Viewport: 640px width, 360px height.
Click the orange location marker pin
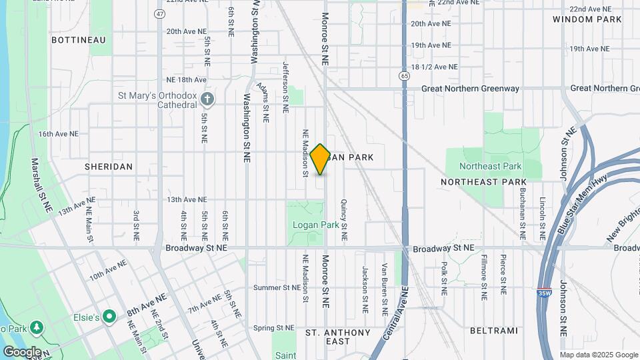(320, 159)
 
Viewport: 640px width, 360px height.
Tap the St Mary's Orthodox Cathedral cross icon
(207, 99)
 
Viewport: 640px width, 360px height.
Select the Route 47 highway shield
(159, 13)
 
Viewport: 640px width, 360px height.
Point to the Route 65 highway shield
(404, 77)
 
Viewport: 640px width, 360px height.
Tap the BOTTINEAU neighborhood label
(79, 40)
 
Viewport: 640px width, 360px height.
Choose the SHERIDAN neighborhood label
(109, 166)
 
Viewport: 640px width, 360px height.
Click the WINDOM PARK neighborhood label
(587, 20)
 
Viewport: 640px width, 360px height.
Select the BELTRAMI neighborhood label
(493, 330)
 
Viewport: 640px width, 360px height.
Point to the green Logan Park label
(316, 225)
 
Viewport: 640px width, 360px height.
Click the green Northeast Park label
(490, 166)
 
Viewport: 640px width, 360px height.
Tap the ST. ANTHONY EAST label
(337, 337)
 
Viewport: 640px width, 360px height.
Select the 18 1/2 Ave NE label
(435, 67)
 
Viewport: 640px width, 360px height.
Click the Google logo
(22, 351)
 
